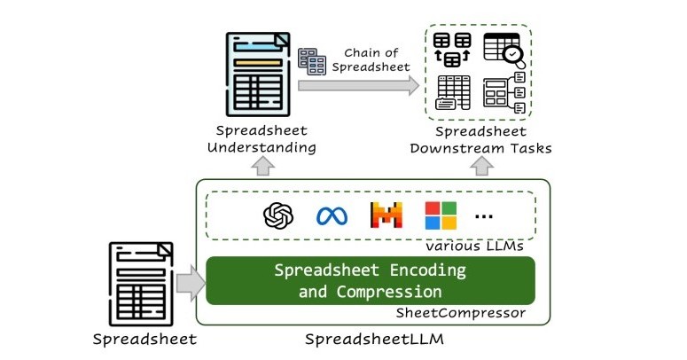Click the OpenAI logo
click(x=278, y=216)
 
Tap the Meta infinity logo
click(x=331, y=216)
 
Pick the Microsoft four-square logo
click(x=441, y=216)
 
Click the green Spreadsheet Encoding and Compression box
click(x=371, y=280)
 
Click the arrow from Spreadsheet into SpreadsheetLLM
click(x=189, y=284)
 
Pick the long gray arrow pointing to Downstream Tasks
click(x=358, y=86)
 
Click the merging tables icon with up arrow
click(x=454, y=51)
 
